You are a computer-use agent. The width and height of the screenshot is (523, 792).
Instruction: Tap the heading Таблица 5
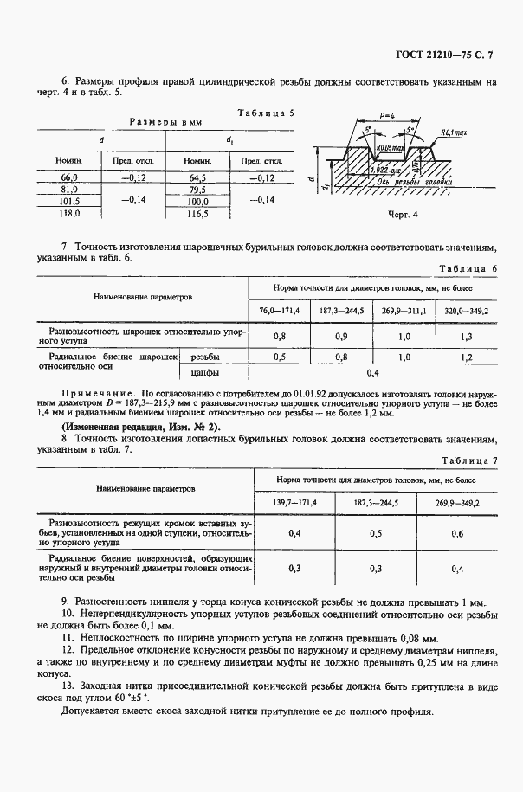point(266,113)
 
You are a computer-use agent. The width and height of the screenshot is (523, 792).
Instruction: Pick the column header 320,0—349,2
point(467,310)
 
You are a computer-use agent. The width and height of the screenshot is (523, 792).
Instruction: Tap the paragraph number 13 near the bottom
point(67,684)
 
